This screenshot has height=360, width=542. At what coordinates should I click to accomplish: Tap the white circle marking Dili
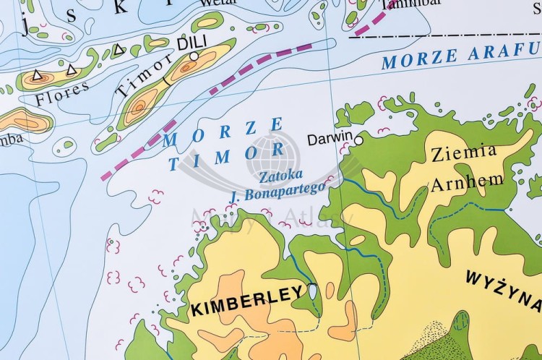click(194, 56)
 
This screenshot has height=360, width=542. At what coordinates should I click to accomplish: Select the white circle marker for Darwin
click(358, 140)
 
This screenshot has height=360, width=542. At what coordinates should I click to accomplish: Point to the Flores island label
click(63, 93)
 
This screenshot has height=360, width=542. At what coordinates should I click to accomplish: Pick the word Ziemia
click(463, 153)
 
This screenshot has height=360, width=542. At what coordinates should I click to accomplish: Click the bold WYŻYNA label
click(503, 278)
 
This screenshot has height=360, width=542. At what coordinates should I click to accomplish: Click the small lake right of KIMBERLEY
click(312, 291)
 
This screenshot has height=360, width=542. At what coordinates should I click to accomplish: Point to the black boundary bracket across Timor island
click(168, 77)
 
